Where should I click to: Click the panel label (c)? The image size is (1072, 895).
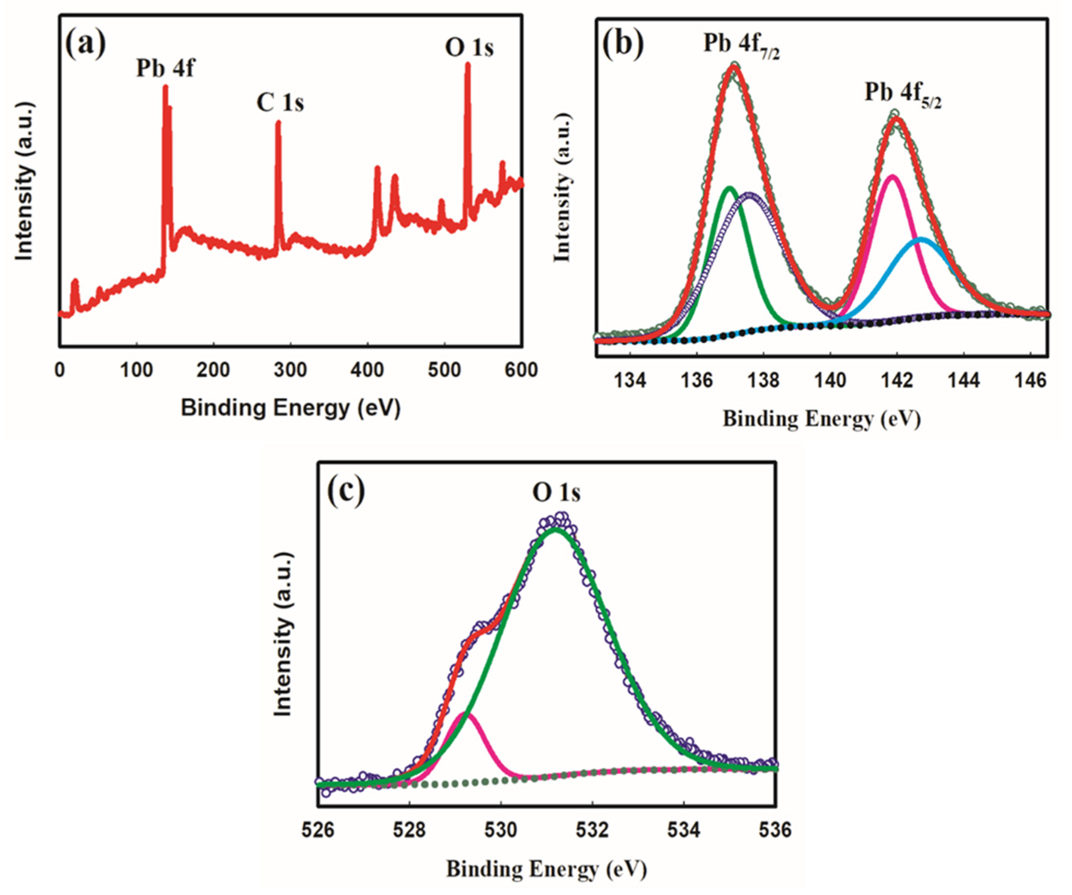click(x=346, y=491)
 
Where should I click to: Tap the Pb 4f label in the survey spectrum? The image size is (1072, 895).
click(x=165, y=68)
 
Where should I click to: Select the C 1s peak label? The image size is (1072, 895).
click(x=280, y=103)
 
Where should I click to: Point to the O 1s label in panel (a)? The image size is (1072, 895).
click(x=469, y=48)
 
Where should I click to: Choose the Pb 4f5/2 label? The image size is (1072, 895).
click(x=903, y=95)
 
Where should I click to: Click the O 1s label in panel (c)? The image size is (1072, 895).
click(x=557, y=493)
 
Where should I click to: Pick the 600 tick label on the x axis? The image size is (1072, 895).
click(x=521, y=370)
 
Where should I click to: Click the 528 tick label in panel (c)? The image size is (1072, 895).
click(x=410, y=830)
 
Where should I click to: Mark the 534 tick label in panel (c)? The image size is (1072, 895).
click(x=684, y=830)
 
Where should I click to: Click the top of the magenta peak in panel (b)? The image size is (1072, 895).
click(x=892, y=177)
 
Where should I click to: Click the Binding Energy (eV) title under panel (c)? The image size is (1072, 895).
click(x=547, y=868)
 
